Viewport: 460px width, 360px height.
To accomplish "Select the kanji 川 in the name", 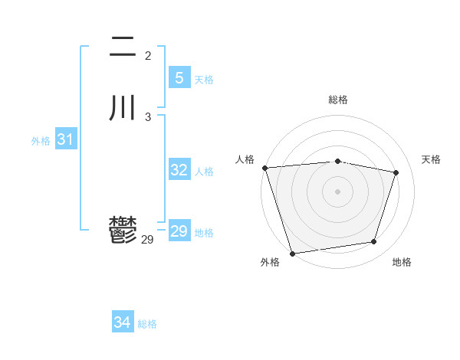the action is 123,106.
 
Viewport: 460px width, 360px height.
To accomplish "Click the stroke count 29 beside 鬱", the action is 147,240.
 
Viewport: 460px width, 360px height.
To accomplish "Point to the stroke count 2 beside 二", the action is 148,56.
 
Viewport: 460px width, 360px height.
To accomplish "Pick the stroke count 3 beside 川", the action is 148,116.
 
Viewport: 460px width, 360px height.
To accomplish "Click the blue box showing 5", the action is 179,78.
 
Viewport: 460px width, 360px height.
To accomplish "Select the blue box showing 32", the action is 179,170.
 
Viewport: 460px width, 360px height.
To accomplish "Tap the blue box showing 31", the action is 65,139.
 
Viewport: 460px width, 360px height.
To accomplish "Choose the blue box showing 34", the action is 123,322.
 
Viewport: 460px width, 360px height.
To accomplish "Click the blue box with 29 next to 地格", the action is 179,231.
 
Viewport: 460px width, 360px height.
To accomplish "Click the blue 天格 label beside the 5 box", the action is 204,80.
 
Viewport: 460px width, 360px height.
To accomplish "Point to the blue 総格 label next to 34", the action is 147,324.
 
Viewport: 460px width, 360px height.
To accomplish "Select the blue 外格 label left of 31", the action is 41,141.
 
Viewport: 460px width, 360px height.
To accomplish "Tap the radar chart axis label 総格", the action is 337,100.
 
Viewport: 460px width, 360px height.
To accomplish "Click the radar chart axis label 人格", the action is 245,159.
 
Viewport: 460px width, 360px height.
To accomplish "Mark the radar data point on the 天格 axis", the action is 396,172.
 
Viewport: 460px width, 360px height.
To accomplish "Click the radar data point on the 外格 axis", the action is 292,253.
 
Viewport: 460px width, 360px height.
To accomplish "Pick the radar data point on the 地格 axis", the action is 374,242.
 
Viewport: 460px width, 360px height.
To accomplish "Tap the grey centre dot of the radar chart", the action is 337,191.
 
